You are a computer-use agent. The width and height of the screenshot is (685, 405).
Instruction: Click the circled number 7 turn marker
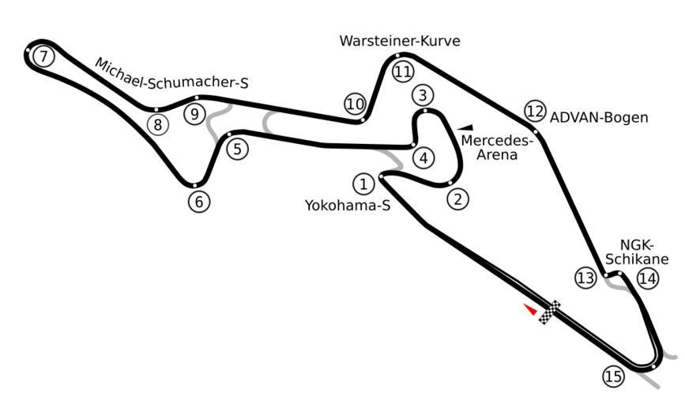[44, 56]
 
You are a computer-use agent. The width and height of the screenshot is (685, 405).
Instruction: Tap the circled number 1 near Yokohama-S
[363, 184]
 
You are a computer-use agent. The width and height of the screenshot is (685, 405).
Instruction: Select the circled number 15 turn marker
[613, 377]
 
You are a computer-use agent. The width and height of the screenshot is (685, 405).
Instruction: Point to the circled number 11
[403, 72]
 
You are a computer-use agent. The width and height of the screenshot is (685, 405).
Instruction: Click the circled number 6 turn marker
[199, 202]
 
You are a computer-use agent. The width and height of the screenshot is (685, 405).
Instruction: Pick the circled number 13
[585, 278]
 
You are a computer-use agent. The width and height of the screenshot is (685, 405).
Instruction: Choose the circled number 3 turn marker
[423, 97]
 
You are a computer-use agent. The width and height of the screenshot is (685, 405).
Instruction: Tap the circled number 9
[194, 114]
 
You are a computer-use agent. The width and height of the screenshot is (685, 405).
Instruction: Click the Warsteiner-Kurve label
[400, 41]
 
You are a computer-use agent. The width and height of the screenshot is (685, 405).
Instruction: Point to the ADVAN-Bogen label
[599, 118]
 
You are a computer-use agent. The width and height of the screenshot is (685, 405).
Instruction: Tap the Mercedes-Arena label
[497, 148]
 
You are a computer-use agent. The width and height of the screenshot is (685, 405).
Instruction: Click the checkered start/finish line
[550, 312]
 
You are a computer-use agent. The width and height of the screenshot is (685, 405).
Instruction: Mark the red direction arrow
[530, 309]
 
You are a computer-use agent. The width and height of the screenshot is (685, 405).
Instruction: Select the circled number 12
[535, 110]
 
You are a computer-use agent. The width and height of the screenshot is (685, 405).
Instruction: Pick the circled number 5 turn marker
[238, 148]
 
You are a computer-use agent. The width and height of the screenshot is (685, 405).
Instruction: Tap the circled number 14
[648, 278]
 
